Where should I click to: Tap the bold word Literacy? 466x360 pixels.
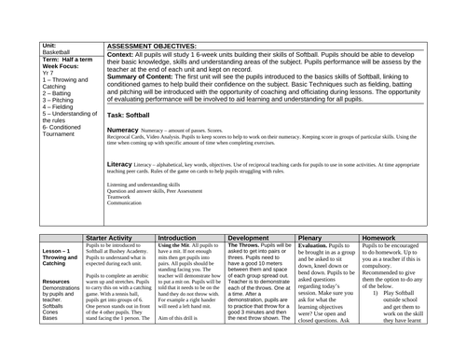click(122, 163)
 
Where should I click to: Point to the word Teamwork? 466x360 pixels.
click(119, 197)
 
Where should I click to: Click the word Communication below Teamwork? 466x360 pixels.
click(124, 203)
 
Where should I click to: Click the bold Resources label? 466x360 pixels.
click(57, 281)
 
